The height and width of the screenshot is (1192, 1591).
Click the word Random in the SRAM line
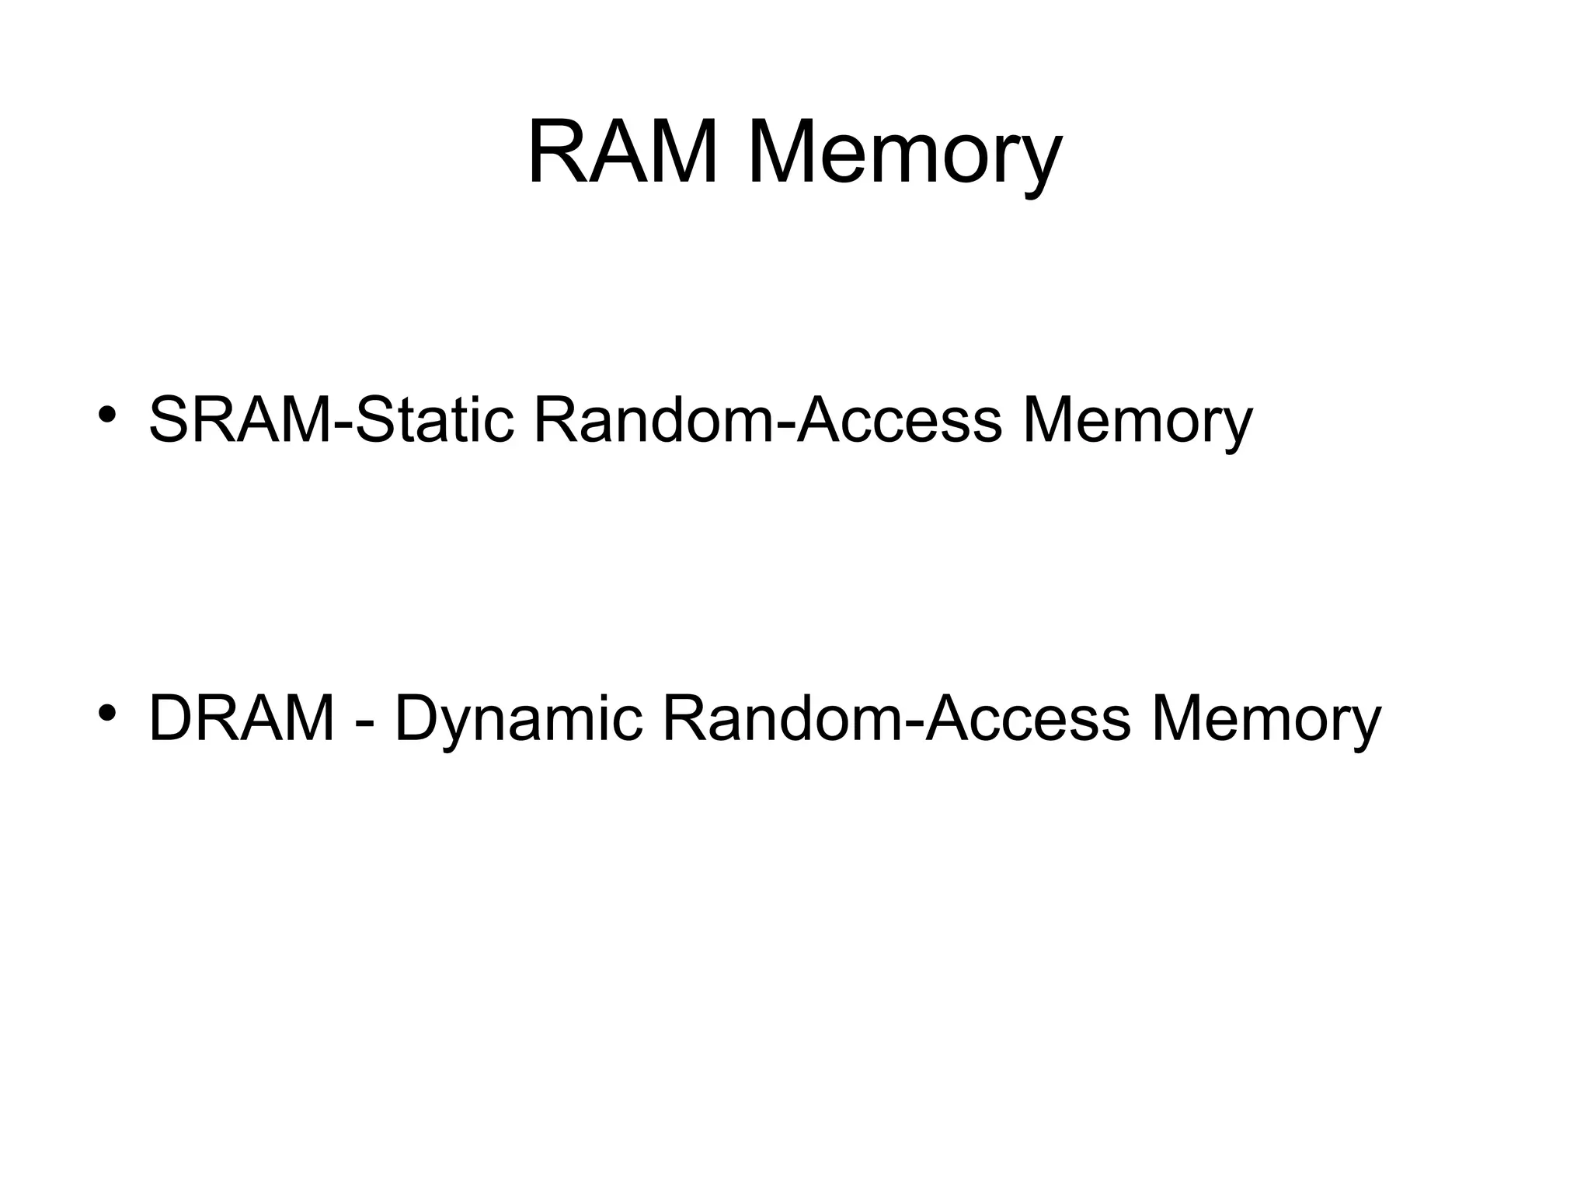pos(653,420)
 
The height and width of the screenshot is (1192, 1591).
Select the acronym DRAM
pos(242,719)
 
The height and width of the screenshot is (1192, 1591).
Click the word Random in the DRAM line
pos(782,719)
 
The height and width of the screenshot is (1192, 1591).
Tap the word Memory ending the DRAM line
pos(1265,719)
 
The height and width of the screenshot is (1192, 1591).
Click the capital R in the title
pos(559,152)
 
